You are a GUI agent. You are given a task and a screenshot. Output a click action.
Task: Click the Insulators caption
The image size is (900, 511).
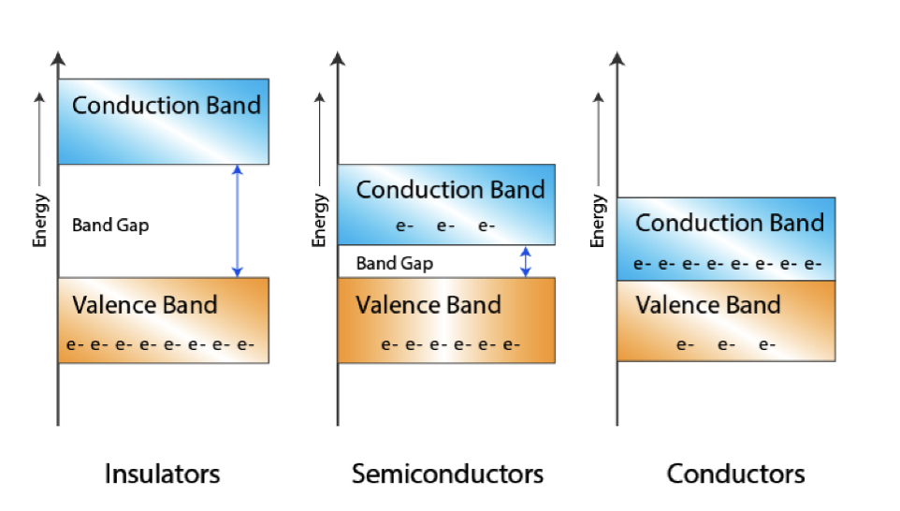point(163,474)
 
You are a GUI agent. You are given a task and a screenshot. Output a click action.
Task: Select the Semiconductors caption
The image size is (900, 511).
point(447,474)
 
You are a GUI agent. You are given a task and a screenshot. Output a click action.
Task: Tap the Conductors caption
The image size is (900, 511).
point(735,474)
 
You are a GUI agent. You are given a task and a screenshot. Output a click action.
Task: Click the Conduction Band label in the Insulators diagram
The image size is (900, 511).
point(167,105)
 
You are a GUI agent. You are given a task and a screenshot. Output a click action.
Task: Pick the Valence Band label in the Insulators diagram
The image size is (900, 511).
point(145,305)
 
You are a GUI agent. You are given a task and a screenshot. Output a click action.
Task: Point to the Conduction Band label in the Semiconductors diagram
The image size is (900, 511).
point(450,190)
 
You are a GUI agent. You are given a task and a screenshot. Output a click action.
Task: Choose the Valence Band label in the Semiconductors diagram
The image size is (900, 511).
point(428,305)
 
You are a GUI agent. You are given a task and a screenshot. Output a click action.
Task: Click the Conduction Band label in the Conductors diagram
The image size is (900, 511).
point(730,223)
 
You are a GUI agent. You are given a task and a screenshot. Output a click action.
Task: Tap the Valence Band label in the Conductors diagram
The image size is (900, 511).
point(708,305)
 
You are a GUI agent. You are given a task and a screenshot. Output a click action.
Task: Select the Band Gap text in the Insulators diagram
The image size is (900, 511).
point(110,225)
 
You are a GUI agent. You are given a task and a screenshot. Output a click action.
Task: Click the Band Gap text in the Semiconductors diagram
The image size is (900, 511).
point(394,263)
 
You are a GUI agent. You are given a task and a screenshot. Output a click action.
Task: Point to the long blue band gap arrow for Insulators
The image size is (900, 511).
point(238,221)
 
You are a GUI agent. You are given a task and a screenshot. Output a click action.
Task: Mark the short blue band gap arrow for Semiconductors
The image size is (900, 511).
point(526,261)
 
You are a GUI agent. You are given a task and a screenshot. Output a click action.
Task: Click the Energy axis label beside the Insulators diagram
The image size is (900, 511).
point(39,220)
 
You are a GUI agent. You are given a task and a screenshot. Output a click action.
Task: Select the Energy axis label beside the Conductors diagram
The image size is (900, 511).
point(598,221)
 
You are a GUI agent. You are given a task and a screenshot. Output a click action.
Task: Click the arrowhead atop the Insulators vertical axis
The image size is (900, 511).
point(58,59)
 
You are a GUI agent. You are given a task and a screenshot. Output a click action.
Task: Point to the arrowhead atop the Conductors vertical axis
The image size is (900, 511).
point(617,59)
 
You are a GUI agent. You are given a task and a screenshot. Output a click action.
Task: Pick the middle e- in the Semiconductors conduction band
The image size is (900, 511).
point(444,226)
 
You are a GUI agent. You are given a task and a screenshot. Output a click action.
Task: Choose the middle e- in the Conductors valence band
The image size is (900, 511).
point(726,344)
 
